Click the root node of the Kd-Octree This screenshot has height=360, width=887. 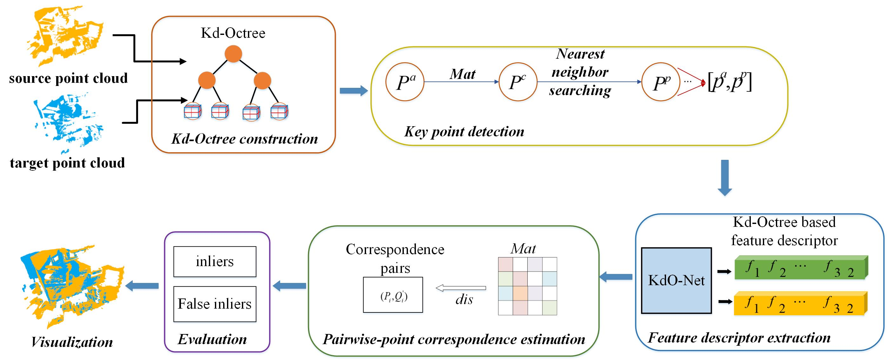(x=233, y=54)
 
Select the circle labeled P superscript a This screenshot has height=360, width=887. (x=405, y=82)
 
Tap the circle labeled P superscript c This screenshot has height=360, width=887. (x=517, y=82)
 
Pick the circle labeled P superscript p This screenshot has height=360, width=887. (x=660, y=82)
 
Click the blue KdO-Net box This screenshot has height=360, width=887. (x=676, y=280)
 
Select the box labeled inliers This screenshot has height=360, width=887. (x=215, y=262)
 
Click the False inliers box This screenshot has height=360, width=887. (x=215, y=304)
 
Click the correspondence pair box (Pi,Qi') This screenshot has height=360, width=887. (x=393, y=295)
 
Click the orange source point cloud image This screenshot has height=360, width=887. (x=64, y=36)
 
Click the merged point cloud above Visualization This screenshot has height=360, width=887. (x=70, y=286)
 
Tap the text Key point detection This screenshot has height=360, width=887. (x=464, y=132)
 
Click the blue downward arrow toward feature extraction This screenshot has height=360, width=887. (x=724, y=178)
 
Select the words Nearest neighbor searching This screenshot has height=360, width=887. (x=580, y=72)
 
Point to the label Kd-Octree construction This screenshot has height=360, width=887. (x=244, y=139)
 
